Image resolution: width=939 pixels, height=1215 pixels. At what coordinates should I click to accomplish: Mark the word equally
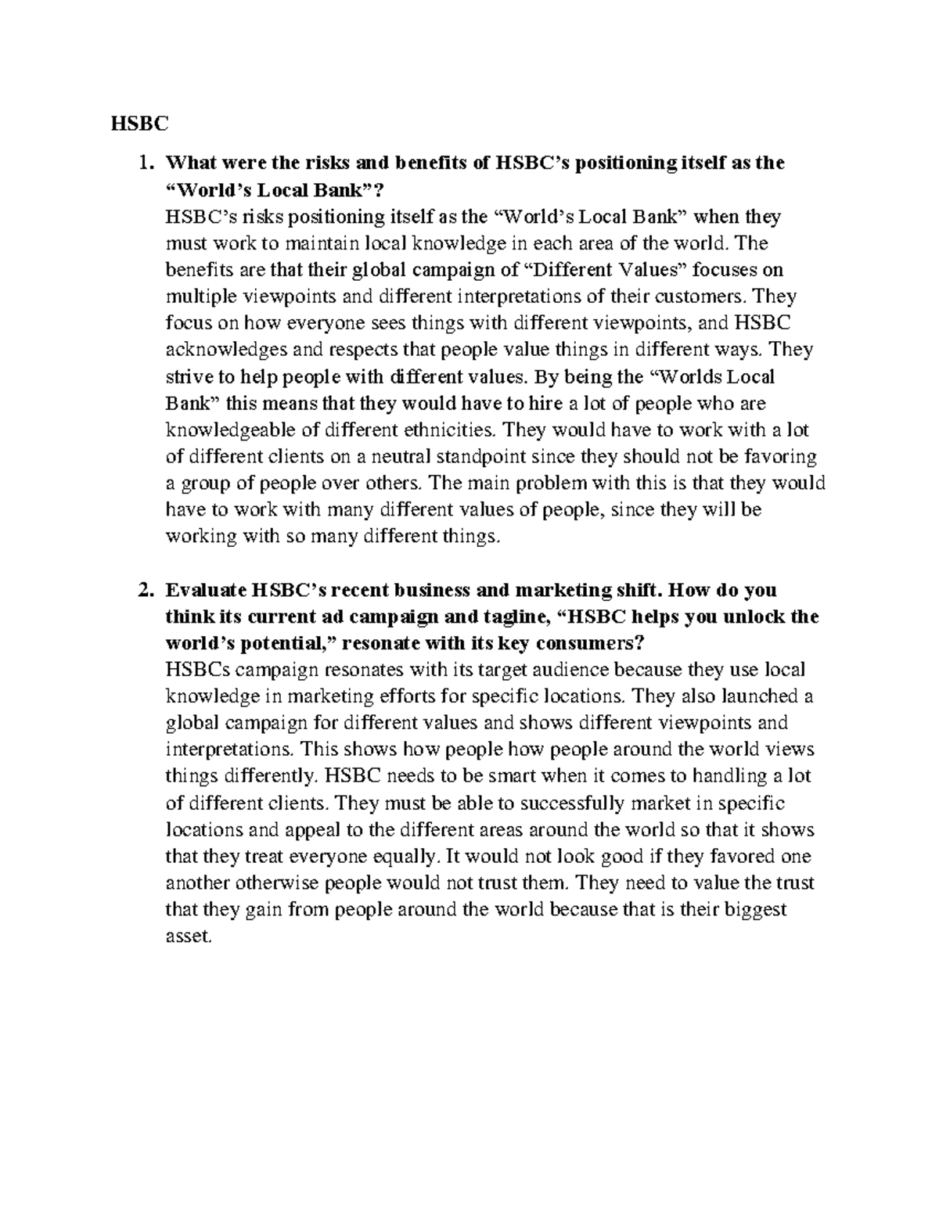click(404, 857)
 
